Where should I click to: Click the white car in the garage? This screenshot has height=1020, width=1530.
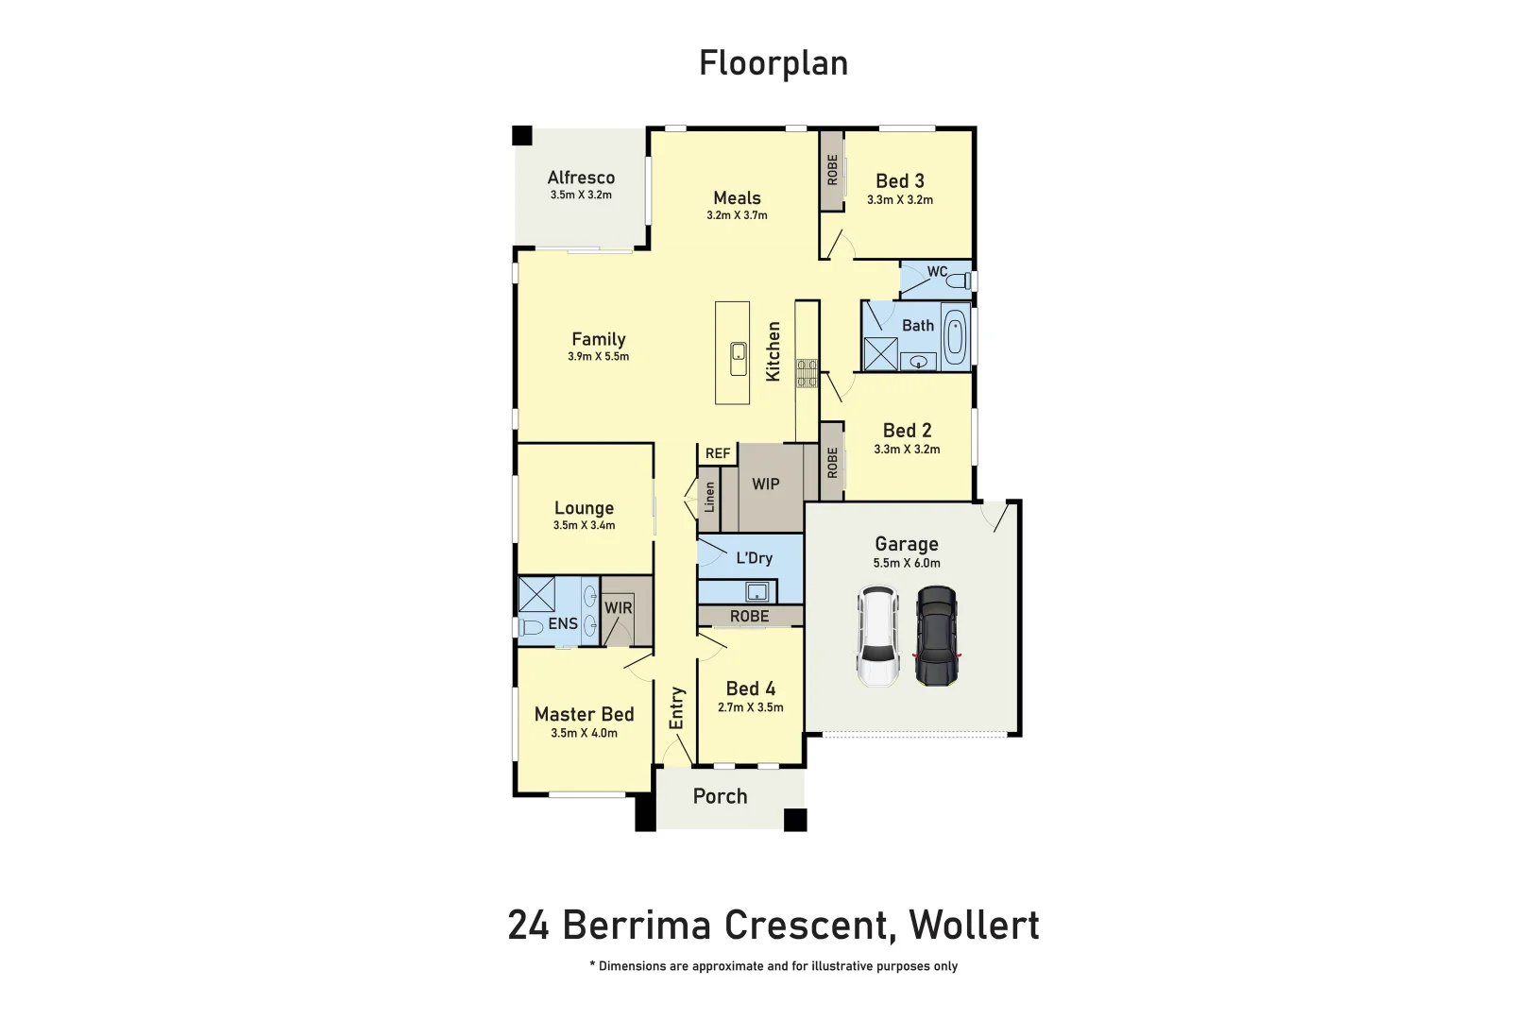point(877,636)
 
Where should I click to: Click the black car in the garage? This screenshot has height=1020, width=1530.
point(936,636)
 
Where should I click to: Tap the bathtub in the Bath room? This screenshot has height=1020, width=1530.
point(954,337)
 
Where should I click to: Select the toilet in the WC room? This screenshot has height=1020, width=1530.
point(957,280)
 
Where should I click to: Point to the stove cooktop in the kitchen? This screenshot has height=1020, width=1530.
point(807,373)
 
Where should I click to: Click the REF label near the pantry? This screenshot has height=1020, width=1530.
point(718,453)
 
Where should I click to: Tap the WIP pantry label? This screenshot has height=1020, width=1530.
point(765,484)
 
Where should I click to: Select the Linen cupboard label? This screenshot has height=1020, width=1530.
point(709,497)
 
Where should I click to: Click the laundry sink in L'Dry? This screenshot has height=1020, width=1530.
point(756,592)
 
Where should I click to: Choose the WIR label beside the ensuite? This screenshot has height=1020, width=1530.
point(619,608)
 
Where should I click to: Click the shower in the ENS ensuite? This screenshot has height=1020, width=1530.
point(536,594)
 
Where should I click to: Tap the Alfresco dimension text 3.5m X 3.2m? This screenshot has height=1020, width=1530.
point(581,195)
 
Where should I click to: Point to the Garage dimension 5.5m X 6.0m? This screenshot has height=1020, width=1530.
point(907,563)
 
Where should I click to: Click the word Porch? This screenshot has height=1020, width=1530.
point(720,796)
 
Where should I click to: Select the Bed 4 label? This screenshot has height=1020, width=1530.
point(750,688)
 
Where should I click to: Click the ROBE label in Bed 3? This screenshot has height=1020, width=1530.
point(832,170)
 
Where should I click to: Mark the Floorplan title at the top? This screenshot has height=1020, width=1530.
point(773,63)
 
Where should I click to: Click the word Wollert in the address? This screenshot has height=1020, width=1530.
point(974,925)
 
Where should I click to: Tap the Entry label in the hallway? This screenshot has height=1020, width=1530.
point(676,707)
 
